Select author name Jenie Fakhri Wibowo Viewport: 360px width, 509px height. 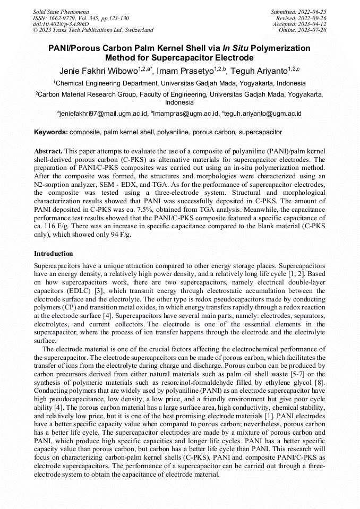(98, 70)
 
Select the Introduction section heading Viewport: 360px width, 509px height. (54, 254)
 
